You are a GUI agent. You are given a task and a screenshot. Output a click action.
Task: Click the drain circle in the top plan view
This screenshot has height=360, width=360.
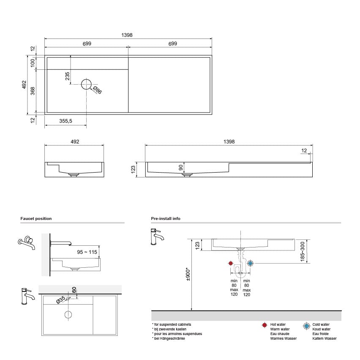click(x=86, y=84)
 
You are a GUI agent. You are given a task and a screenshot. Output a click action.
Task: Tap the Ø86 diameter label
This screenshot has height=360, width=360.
click(x=97, y=90)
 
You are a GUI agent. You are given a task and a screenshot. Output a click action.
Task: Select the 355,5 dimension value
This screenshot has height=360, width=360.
click(x=65, y=121)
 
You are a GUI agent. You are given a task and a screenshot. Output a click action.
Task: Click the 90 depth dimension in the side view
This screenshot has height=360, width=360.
click(x=181, y=168)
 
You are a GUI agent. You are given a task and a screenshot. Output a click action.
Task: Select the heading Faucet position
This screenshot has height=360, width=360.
click(x=36, y=219)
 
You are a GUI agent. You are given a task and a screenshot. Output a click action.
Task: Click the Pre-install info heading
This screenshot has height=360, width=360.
click(x=166, y=219)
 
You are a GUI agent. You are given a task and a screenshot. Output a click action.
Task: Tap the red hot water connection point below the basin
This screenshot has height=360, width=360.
click(x=231, y=263)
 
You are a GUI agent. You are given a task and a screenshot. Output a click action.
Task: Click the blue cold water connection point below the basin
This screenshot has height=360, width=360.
click(x=250, y=263)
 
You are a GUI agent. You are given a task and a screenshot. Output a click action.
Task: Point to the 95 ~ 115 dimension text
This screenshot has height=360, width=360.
click(x=87, y=252)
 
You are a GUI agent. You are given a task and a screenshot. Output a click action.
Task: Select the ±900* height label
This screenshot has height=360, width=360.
click(x=188, y=275)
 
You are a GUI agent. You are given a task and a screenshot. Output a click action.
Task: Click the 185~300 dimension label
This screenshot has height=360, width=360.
click(x=302, y=251)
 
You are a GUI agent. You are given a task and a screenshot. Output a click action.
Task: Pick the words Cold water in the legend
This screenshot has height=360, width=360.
click(x=321, y=324)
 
